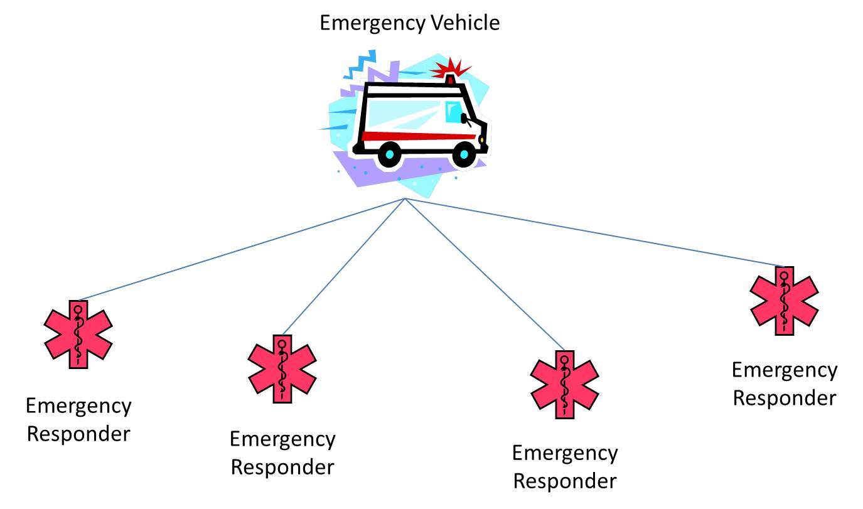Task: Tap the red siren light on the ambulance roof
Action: coord(450,78)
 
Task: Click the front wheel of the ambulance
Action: coord(464,154)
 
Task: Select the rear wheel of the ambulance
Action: coord(390,154)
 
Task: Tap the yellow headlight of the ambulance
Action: coord(481,139)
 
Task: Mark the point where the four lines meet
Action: coord(405,198)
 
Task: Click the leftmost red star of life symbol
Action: coord(78,334)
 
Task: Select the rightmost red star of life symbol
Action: coord(785,301)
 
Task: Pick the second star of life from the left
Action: coord(282,368)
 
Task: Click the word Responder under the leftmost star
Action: coord(78,434)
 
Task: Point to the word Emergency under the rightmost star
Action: coord(785,370)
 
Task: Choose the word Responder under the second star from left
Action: coord(282,467)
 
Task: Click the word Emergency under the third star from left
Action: coord(565,453)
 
